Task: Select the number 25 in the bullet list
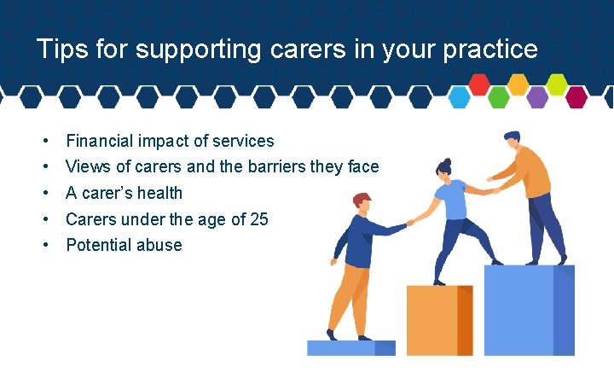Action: click(258, 219)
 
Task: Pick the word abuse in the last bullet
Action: click(161, 245)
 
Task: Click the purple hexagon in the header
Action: click(537, 97)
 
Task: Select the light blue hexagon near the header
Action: click(460, 97)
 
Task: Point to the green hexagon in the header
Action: click(499, 97)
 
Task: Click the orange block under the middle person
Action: click(438, 320)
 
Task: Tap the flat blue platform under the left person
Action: click(350, 348)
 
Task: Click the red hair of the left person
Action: click(362, 200)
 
